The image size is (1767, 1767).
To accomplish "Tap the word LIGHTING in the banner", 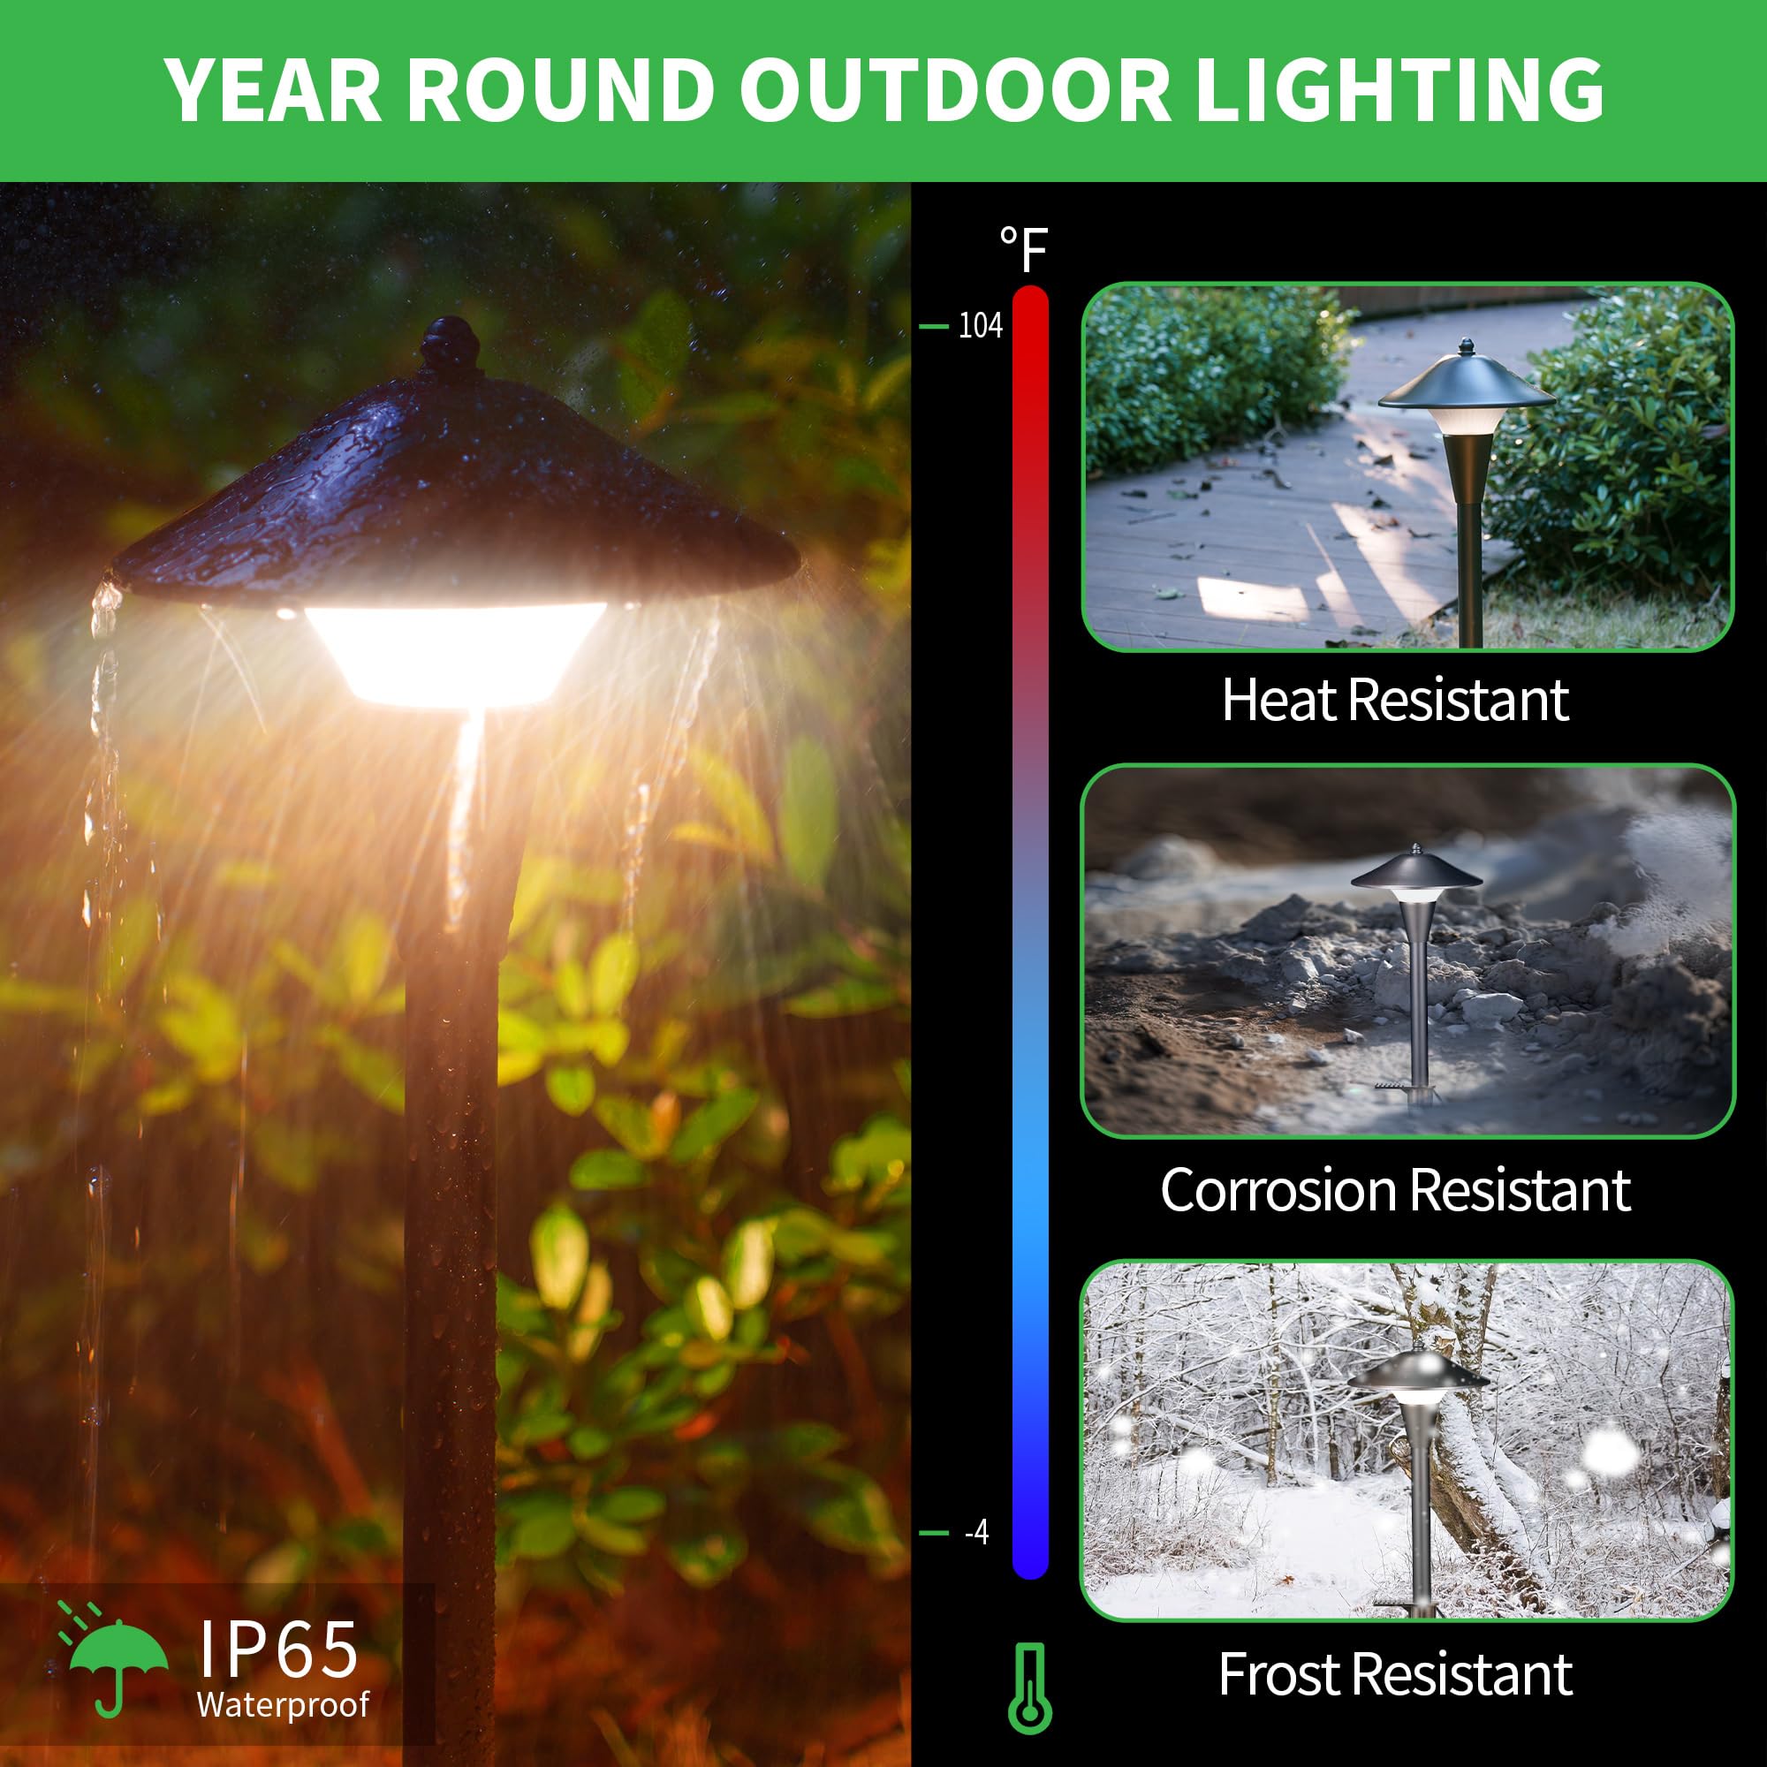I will pyautogui.click(x=1399, y=89).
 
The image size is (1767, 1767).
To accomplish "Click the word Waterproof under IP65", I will pyautogui.click(x=283, y=1704).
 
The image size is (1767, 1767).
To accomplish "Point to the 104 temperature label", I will pyautogui.click(x=981, y=327).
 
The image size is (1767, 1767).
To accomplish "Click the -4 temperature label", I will pyautogui.click(x=976, y=1532).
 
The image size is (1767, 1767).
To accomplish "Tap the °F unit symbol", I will pyautogui.click(x=1023, y=250).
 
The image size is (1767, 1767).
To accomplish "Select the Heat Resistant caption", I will pyautogui.click(x=1395, y=701).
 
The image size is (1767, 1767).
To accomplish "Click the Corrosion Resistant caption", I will pyautogui.click(x=1395, y=1191).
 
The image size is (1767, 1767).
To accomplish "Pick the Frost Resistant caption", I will pyautogui.click(x=1395, y=1674).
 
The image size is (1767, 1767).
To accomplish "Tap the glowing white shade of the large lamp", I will pyautogui.click(x=454, y=653).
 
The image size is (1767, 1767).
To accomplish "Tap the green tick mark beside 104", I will pyautogui.click(x=933, y=327).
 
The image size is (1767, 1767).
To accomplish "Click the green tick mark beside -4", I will pyautogui.click(x=933, y=1533).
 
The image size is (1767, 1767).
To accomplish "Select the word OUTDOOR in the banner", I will pyautogui.click(x=954, y=89).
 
